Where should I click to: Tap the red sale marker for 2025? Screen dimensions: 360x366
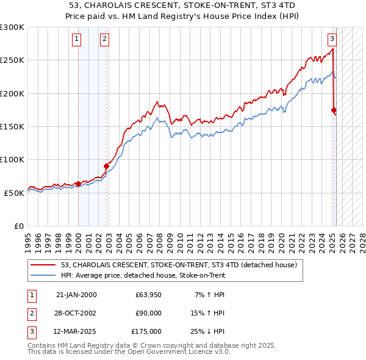click(334, 110)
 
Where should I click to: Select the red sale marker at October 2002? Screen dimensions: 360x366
click(106, 165)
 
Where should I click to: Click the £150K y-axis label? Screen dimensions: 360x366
click(12, 126)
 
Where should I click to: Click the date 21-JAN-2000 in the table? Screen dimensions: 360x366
click(76, 295)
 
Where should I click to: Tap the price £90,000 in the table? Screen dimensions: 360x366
click(148, 313)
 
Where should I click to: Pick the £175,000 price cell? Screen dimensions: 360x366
click(146, 331)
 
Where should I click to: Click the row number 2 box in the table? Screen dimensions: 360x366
click(30, 313)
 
